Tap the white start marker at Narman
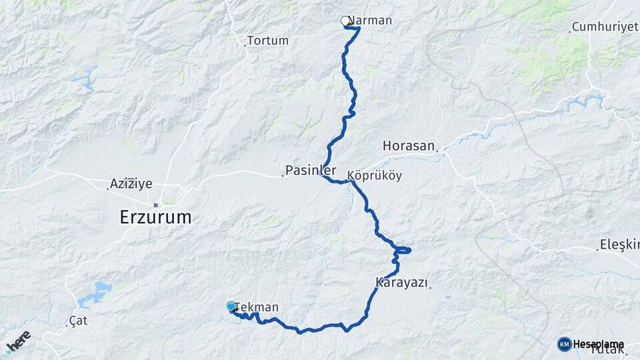(345, 21)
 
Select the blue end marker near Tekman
(231, 306)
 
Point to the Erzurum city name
(155, 217)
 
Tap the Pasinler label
(311, 169)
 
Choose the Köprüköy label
(374, 175)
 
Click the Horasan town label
(409, 145)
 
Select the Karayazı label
(401, 283)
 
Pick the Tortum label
(267, 41)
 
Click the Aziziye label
(131, 183)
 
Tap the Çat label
(78, 321)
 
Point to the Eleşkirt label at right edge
(619, 244)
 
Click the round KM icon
(564, 344)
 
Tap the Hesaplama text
(598, 344)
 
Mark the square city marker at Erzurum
(155, 205)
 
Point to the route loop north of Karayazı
(403, 251)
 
